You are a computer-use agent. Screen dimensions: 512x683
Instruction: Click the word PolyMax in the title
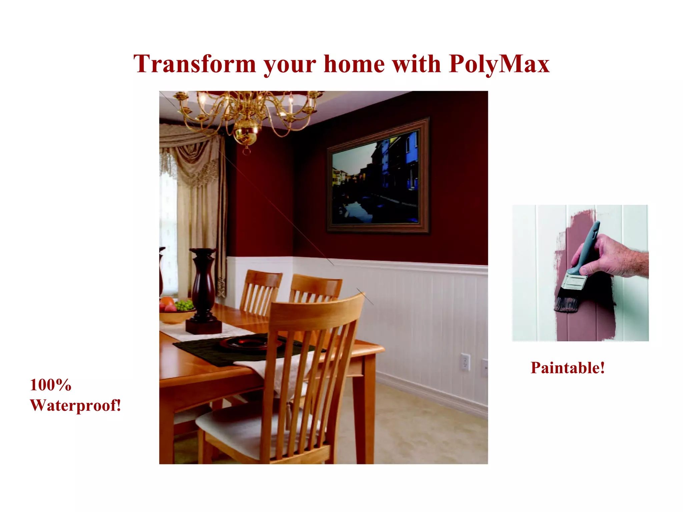coord(499,64)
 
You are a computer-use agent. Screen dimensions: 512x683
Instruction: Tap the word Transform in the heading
coord(194,64)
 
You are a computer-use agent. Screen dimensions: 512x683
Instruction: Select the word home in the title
coord(354,64)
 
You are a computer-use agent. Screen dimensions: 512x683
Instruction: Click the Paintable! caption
coord(568,368)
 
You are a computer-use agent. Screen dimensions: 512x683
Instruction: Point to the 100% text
coord(51,385)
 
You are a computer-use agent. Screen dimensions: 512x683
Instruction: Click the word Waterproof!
coord(75,406)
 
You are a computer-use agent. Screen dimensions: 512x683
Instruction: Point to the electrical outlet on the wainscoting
coord(465,362)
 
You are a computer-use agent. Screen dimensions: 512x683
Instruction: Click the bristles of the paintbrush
coord(566,303)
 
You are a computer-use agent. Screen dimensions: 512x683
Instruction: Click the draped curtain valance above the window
coord(190,147)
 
